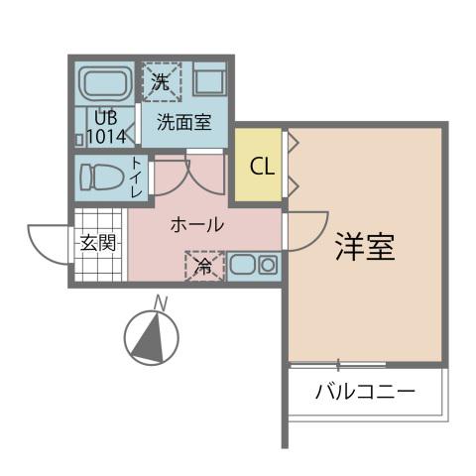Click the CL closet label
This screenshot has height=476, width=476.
point(262,166)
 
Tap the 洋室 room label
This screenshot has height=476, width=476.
point(364,248)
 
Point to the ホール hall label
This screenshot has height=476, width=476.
point(196,225)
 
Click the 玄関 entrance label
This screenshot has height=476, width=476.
point(98,243)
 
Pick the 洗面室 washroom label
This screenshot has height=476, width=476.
point(183,124)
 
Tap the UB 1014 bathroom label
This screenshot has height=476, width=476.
point(105,128)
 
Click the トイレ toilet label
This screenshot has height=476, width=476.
point(136,178)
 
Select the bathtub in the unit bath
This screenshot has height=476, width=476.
point(106,84)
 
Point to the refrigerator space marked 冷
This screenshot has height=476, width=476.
point(203,266)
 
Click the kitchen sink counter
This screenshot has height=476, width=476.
point(254,266)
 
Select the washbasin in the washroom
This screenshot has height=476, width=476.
point(210,80)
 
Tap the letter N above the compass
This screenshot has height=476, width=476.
point(159,303)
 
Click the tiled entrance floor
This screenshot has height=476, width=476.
point(99,261)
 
